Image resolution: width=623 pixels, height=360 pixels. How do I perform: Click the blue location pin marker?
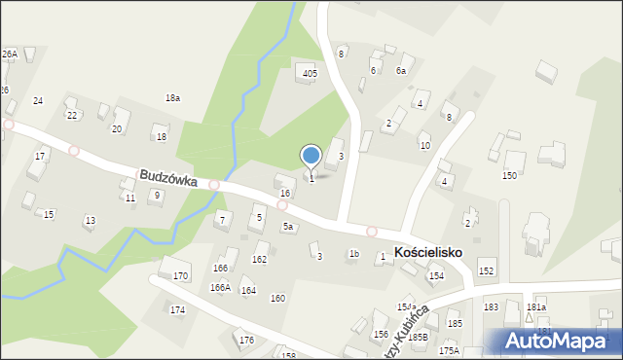click(311, 156)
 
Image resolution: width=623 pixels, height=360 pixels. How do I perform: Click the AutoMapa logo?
click(563, 341)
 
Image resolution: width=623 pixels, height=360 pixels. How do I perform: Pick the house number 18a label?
click(172, 98)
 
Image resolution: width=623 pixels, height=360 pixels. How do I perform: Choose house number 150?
click(508, 176)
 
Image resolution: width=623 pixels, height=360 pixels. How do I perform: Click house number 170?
click(180, 276)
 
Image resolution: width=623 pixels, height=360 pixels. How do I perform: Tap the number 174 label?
click(177, 310)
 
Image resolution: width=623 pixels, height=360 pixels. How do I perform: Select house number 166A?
click(220, 287)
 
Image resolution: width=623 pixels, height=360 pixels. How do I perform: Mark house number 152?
click(486, 270)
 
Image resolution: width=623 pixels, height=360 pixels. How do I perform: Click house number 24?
click(38, 101)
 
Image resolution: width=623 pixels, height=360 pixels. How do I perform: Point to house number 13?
click(90, 221)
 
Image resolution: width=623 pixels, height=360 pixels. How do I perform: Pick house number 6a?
click(400, 71)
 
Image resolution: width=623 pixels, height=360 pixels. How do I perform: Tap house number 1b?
click(354, 254)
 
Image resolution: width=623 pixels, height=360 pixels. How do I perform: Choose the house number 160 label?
click(277, 298)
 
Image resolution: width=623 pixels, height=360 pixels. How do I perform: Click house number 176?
click(246, 340)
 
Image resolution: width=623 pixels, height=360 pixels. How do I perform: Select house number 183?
click(491, 306)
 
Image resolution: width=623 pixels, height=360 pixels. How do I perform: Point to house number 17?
click(40, 156)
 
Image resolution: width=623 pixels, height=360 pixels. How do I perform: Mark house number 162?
click(259, 259)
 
